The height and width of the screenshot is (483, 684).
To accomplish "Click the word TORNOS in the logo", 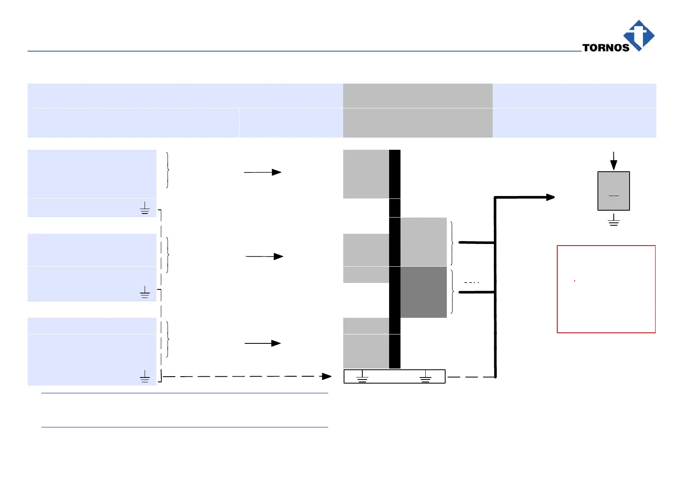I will point(606,47).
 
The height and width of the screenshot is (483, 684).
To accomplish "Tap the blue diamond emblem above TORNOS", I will point(639,34).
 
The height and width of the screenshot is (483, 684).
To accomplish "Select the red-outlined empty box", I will point(606,289).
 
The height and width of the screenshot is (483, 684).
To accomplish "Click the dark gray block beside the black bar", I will point(423,292).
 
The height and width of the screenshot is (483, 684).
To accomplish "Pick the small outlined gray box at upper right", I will point(613,191).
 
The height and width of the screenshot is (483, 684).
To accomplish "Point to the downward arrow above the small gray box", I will point(613,161).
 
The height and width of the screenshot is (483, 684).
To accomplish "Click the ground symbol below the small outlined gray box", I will point(613,220).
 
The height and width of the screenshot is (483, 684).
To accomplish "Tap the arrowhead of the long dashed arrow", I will point(327,376).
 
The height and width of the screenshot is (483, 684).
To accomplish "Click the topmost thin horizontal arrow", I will point(262,172).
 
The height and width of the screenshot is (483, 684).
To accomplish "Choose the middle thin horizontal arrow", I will point(264,257).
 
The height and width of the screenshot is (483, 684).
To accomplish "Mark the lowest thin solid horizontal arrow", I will point(262,343).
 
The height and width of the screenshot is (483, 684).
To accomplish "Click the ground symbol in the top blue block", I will point(145,208).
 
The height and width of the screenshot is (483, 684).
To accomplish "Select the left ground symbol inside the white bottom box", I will point(362,377).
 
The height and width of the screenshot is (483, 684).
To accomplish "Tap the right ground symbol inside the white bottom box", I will point(425,377).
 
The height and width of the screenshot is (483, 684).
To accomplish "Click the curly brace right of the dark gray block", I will point(452,292).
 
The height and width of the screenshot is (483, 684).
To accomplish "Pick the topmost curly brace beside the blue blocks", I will point(167,170).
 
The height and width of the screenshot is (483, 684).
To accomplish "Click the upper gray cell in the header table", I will point(418,96).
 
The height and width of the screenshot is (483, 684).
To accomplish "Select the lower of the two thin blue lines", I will point(184,427).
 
